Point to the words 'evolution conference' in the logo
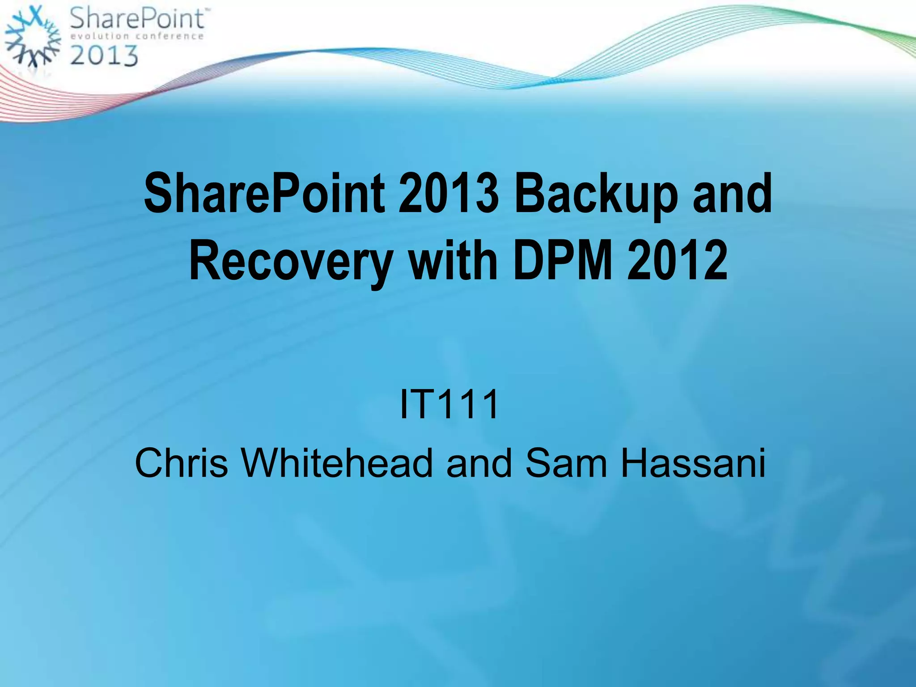(137, 36)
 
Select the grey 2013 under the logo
(104, 56)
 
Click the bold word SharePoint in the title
(264, 194)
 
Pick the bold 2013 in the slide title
(448, 194)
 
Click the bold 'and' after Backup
(732, 194)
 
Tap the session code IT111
(449, 404)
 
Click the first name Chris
(181, 463)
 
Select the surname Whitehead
(337, 463)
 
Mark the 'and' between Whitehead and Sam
(479, 463)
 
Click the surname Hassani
(693, 463)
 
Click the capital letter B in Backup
(529, 194)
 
